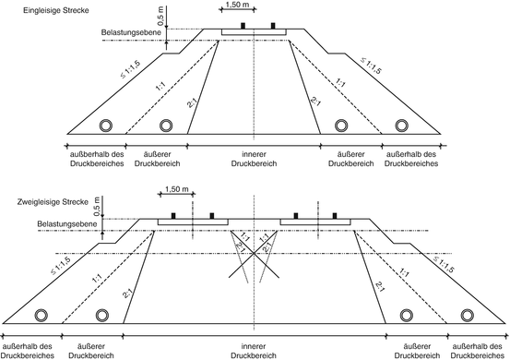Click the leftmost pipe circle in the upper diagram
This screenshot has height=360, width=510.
click(107, 124)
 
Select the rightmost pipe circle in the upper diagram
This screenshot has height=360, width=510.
click(402, 124)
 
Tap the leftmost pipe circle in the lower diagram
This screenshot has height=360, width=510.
click(41, 315)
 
